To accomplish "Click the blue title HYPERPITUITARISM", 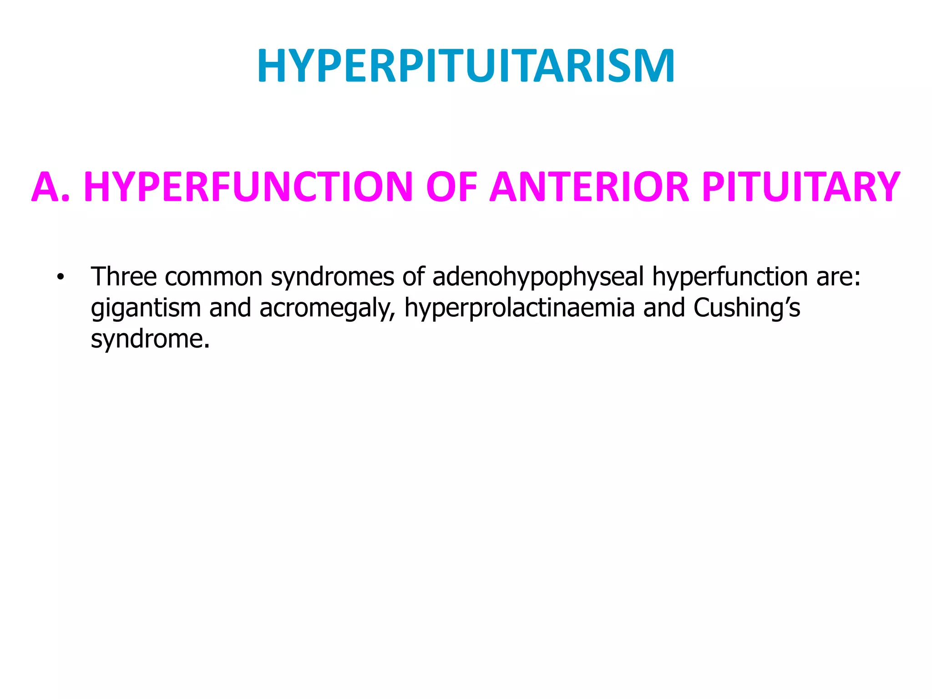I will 466,66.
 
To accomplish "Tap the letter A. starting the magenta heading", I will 51,187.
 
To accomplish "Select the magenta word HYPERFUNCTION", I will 248,187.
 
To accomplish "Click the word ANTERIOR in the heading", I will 589,187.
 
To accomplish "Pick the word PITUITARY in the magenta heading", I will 800,187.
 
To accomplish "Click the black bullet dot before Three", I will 60,277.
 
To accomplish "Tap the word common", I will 213,277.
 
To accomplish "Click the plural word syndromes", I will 332,278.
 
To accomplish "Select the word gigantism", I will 146,309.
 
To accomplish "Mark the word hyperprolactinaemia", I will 519,309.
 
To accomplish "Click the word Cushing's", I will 746,309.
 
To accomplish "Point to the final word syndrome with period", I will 150,339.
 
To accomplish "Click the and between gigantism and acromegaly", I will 230,308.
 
